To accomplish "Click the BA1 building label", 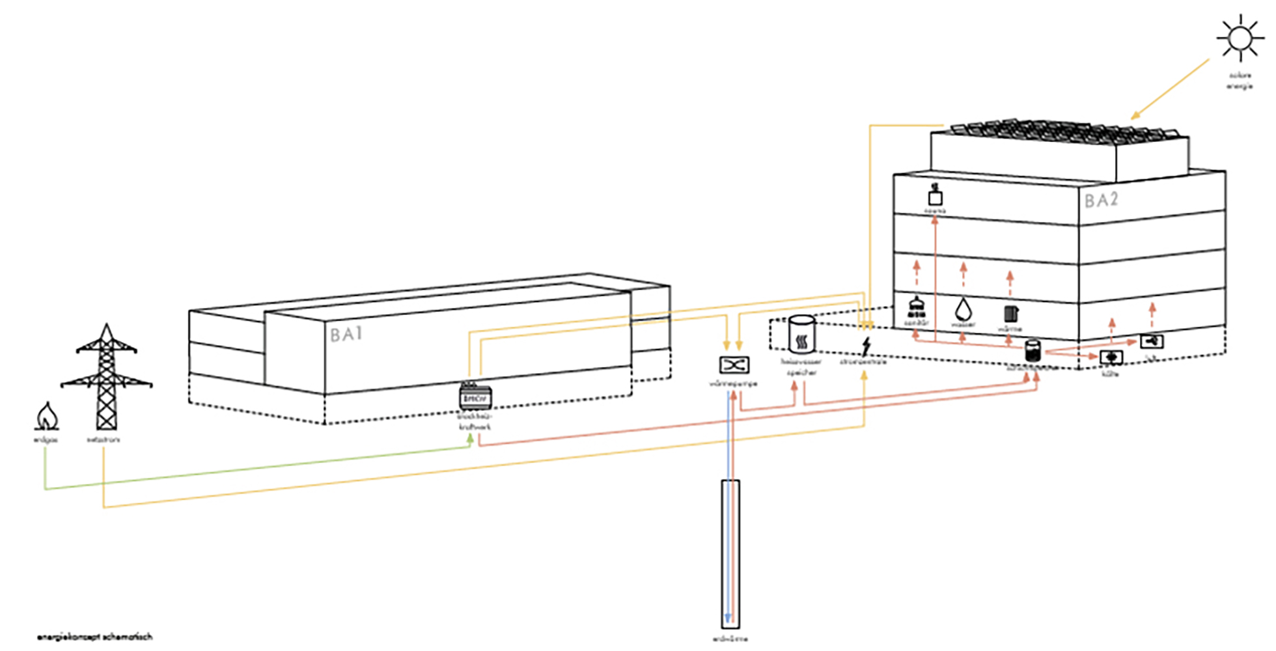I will coord(346,335).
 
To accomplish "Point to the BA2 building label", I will coord(1101,200).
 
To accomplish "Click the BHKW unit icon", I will coord(475,398).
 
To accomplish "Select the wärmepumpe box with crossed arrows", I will coord(734,365).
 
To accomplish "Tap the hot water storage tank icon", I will coord(801,335).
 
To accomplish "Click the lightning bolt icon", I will coord(866,347).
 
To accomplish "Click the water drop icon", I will coord(963,309).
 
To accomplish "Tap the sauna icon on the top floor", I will coord(935,195).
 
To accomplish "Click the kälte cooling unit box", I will coord(1111,357).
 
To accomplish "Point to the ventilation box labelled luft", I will coord(1151,341).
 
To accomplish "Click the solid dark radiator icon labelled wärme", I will coord(1010,313).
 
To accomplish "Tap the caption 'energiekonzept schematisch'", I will coord(94,637).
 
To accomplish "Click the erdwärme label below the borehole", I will coord(730,639).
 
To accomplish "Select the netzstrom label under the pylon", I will coord(103,440).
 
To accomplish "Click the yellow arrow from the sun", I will coord(1170,89).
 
